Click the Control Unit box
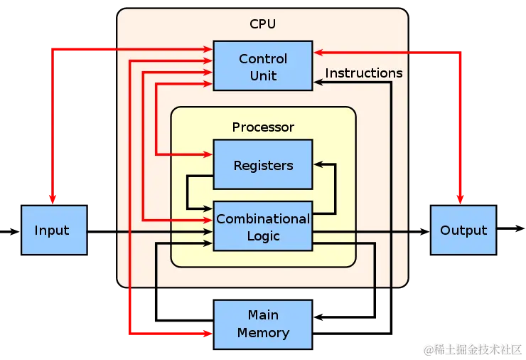click(263, 66)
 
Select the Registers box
click(263, 165)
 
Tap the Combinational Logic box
click(263, 226)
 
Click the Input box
click(53, 230)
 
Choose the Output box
click(463, 230)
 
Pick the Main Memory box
click(263, 324)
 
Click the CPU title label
click(262, 24)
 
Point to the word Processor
click(263, 127)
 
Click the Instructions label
click(364, 73)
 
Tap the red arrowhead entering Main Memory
click(207, 332)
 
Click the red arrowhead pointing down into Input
click(53, 198)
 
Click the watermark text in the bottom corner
click(473, 349)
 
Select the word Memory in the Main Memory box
click(263, 333)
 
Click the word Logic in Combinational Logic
click(263, 236)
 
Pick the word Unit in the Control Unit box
click(263, 75)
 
